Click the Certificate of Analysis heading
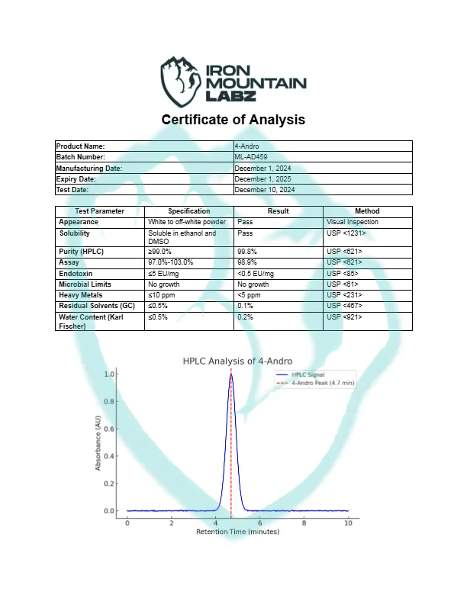pos(233,120)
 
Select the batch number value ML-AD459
pos(251,156)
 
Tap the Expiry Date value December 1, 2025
pos(264,178)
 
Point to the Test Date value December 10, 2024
pos(264,189)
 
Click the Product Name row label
pos(80,146)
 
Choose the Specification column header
pos(188,211)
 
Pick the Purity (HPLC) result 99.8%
pos(246,251)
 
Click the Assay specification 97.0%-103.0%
pos(171,262)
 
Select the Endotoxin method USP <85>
pos(340,273)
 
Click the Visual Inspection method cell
pos(353,222)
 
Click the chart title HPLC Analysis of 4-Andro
pos(237,361)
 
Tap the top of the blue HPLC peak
pos(230,374)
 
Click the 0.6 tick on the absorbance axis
pos(111,429)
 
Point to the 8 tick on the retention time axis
pos(304,522)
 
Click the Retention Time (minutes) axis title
pos(237,532)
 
